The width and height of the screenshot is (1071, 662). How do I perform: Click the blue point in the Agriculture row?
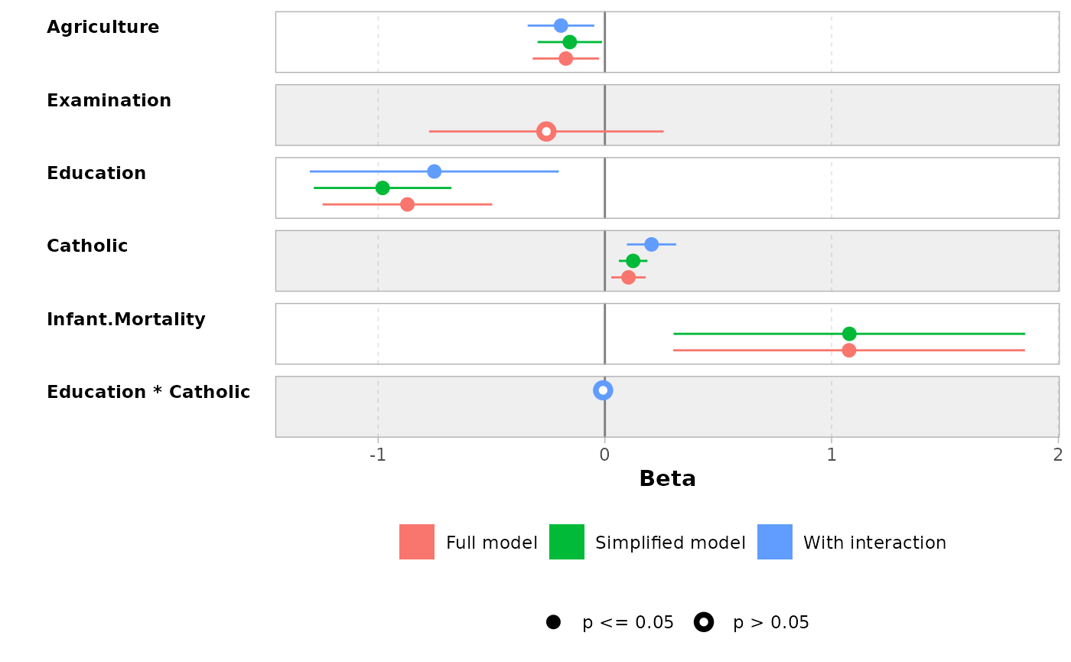561,25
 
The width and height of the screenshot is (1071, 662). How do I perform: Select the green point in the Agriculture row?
569,42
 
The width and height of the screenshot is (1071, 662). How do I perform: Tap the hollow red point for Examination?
546,132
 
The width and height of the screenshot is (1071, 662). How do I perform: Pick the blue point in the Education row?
435,171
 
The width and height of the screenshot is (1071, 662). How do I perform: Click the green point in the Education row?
382,188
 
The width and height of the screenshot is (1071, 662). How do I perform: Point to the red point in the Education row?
407,204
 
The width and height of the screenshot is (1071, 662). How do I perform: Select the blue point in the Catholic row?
651,244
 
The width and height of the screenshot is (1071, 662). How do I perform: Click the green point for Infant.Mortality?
849,334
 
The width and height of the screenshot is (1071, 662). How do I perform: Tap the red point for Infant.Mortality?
849,351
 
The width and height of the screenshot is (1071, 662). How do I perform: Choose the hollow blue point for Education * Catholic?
603,390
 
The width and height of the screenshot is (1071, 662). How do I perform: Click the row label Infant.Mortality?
126,320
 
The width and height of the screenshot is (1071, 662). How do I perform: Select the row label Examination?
109,101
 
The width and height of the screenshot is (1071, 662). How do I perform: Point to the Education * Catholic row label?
148,393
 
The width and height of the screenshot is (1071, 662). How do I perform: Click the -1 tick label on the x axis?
377,455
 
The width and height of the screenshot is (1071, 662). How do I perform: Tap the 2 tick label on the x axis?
1058,455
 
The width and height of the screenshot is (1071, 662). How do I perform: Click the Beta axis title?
667,479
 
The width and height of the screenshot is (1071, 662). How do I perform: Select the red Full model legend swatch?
417,542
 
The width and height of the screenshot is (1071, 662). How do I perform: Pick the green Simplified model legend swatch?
567,542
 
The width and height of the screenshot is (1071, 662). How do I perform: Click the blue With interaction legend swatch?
775,542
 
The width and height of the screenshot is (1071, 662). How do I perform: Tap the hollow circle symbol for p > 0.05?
704,622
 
